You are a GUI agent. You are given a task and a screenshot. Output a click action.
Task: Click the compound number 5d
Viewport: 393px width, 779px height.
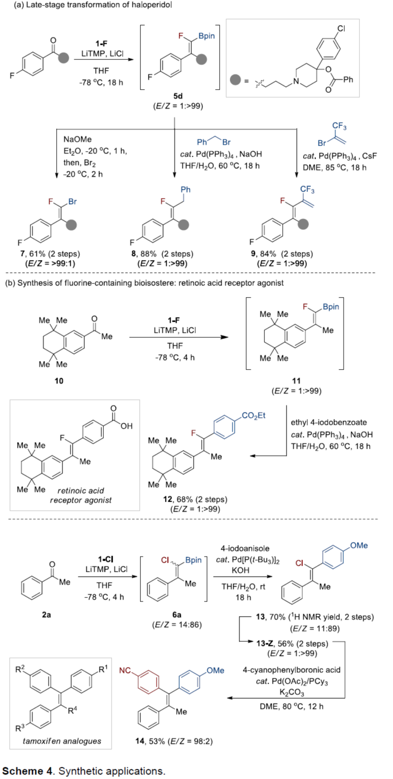coord(178,96)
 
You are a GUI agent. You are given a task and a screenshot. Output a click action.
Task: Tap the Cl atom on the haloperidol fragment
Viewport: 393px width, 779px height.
coord(341,29)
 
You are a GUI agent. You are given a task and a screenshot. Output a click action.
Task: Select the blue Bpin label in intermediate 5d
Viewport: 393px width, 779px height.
coord(206,36)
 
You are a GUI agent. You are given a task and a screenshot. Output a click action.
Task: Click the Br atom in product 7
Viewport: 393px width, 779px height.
coord(72,202)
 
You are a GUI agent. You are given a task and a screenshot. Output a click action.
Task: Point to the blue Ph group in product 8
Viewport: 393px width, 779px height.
coord(185,189)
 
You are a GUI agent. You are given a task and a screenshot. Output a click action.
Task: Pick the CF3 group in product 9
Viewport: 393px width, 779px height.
coord(307,189)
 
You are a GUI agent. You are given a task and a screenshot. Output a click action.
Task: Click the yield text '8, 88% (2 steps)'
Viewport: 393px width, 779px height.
coord(162,254)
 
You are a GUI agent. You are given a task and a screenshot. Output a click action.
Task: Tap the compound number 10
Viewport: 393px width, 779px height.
coord(59,381)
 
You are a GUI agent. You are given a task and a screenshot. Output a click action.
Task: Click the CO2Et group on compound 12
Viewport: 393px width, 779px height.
coord(253,415)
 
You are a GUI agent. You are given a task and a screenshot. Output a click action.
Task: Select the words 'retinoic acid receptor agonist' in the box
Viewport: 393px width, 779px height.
coord(81,495)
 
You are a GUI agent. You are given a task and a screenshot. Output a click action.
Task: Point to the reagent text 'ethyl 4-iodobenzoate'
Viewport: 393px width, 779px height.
coord(329,422)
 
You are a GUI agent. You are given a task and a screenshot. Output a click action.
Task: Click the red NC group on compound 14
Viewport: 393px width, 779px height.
coord(125,671)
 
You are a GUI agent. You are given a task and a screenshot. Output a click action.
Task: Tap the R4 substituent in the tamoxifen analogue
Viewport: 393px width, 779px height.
coord(72,711)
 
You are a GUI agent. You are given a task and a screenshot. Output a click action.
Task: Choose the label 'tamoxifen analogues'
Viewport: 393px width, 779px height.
coord(62,741)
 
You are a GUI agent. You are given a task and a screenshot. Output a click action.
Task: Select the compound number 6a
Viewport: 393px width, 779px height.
coord(177,614)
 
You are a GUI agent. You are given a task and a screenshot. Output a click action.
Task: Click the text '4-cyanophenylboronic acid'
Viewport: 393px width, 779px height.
coord(291,670)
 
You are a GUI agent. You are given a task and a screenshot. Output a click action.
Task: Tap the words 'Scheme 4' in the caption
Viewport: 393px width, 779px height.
coord(28,771)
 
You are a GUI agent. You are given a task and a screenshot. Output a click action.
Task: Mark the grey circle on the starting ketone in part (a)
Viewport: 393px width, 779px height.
coord(63,58)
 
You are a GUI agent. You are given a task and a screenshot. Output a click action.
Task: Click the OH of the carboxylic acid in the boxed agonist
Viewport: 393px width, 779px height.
coord(126,426)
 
